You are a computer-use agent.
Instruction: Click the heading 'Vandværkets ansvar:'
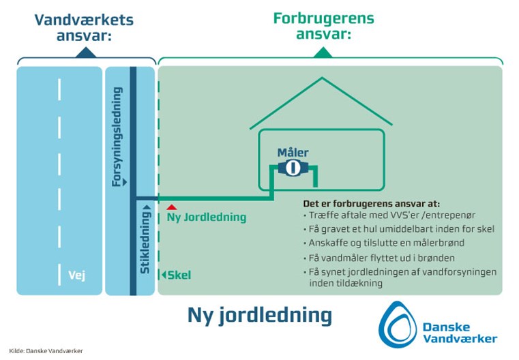point(84,28)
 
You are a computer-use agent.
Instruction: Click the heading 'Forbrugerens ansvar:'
point(323,26)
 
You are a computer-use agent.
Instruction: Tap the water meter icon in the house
point(293,168)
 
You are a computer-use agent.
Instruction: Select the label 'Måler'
point(293,153)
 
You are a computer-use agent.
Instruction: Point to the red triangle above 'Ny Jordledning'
point(171,207)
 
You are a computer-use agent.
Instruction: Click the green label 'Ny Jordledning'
point(207,217)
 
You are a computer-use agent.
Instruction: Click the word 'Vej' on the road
point(77,275)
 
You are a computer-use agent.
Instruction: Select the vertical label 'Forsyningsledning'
point(117,136)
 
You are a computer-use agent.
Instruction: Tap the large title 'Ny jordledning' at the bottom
point(259,315)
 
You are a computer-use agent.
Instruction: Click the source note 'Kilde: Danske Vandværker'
point(46,351)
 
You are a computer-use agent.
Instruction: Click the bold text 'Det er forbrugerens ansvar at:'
point(372,203)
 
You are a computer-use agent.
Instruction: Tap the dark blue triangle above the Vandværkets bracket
point(86,52)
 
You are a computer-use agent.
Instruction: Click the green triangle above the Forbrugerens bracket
point(323,52)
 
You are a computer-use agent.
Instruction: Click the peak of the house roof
point(322,78)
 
